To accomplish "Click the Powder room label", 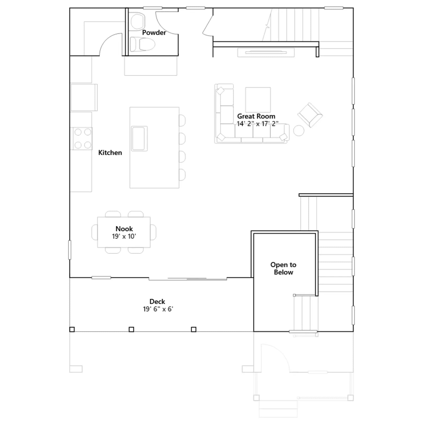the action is click(x=154, y=33).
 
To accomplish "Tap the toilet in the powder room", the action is click(x=142, y=44).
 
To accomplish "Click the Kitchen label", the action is click(x=110, y=153).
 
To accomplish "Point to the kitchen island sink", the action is click(x=139, y=139).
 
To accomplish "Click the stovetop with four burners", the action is click(x=82, y=139).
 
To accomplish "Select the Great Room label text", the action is click(x=256, y=116).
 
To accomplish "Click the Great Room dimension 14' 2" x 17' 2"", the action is click(x=258, y=124).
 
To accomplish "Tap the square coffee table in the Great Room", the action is click(x=258, y=100).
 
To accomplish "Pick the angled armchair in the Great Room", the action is click(x=310, y=115).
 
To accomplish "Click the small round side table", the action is click(x=299, y=131).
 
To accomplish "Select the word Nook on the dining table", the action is click(x=124, y=229).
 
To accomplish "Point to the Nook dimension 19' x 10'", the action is click(x=124, y=236).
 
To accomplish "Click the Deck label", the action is click(x=157, y=301).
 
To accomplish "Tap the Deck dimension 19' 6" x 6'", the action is click(x=158, y=309).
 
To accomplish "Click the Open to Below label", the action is click(x=283, y=268).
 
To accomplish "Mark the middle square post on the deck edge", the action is click(x=131, y=329).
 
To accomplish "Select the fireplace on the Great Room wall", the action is click(x=266, y=52).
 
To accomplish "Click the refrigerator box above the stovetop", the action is click(x=84, y=97).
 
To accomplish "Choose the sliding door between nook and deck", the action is click(x=188, y=279).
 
